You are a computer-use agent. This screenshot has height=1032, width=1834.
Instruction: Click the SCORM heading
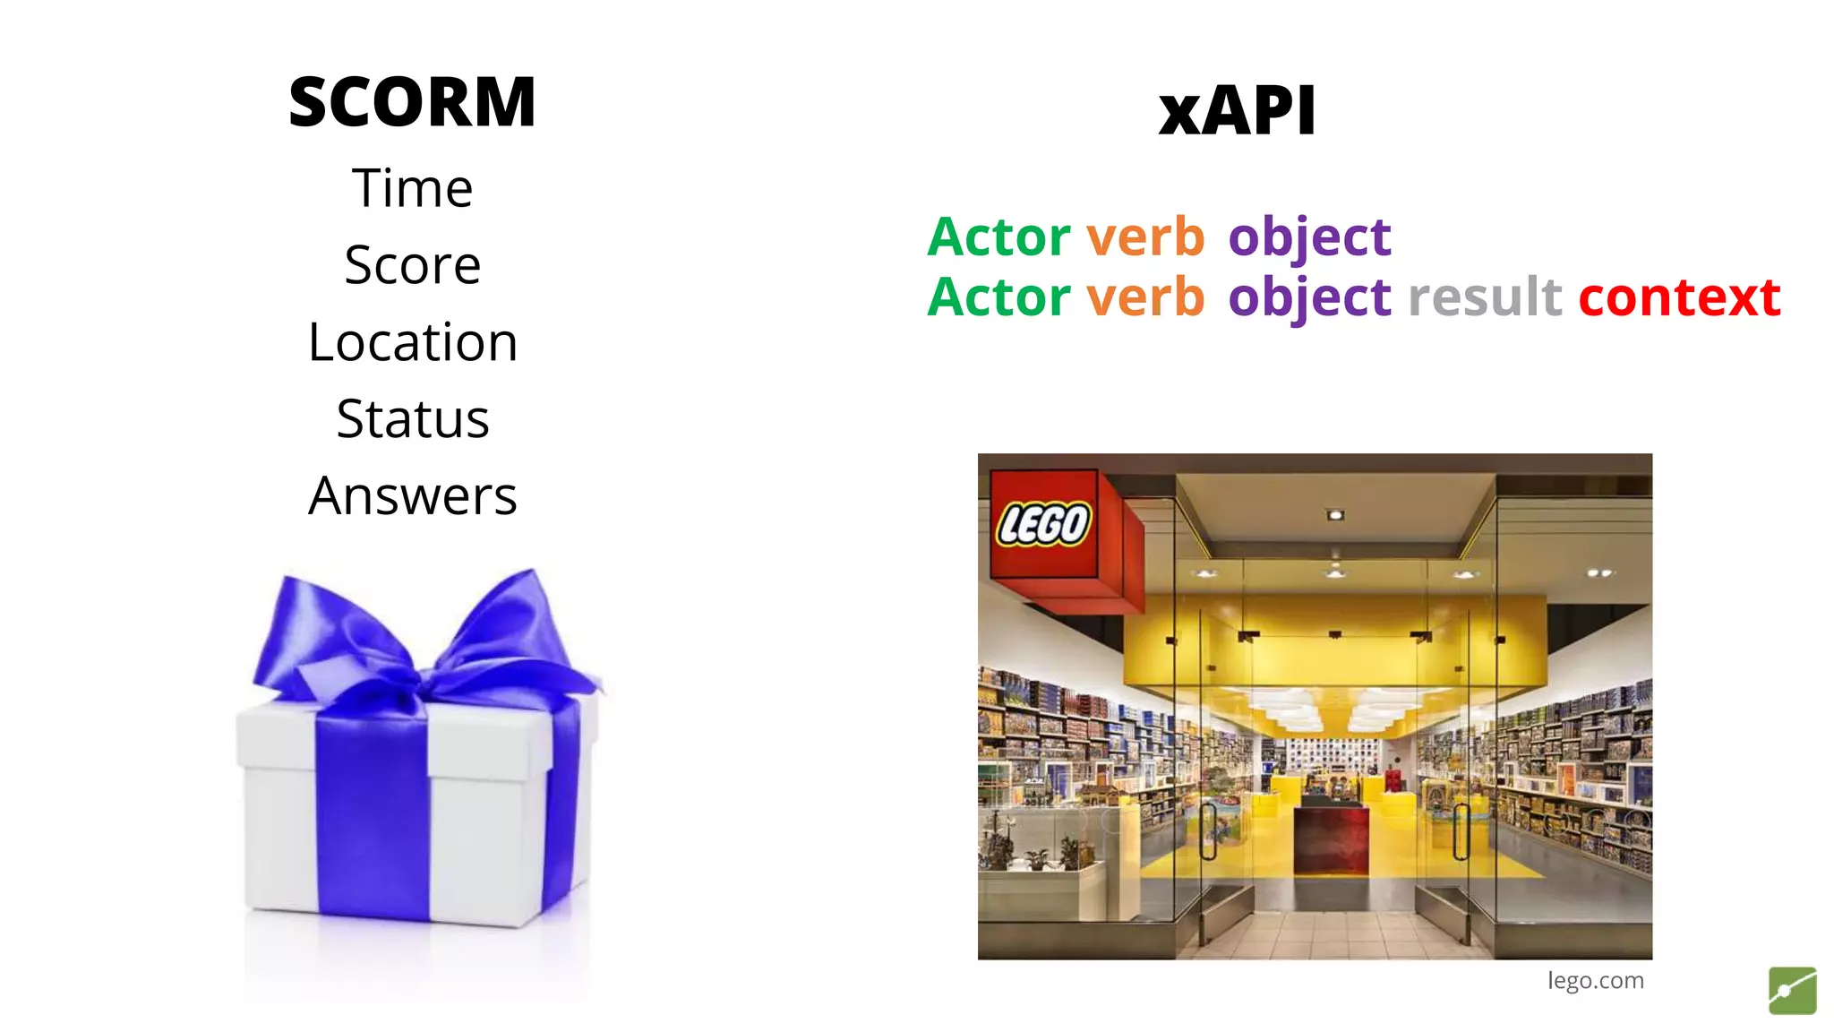point(412,102)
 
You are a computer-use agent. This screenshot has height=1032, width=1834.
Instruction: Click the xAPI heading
point(1237,111)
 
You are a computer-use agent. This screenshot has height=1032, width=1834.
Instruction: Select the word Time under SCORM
point(412,188)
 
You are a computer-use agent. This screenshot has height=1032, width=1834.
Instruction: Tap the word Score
point(413,265)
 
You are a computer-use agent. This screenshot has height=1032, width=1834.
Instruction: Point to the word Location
point(413,342)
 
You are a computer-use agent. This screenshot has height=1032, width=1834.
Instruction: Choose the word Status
point(413,419)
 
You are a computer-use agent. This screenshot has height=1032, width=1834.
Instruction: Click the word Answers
point(413,496)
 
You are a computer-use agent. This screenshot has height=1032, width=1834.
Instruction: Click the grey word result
point(1485,297)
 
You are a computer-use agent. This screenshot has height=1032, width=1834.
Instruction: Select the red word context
point(1679,297)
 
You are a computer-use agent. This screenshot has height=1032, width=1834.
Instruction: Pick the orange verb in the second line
point(1145,297)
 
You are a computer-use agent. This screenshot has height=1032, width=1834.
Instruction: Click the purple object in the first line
point(1309,238)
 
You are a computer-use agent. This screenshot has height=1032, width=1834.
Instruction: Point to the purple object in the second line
point(1309,298)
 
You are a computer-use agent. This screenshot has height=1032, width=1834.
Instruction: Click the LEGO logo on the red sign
point(1044,523)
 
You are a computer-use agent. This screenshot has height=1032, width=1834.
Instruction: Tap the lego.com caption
point(1595,980)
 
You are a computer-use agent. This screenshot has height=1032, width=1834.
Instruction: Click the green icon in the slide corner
point(1792,991)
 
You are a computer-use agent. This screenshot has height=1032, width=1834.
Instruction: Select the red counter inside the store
point(1331,840)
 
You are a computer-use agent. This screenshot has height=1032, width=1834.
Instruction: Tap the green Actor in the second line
point(998,297)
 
